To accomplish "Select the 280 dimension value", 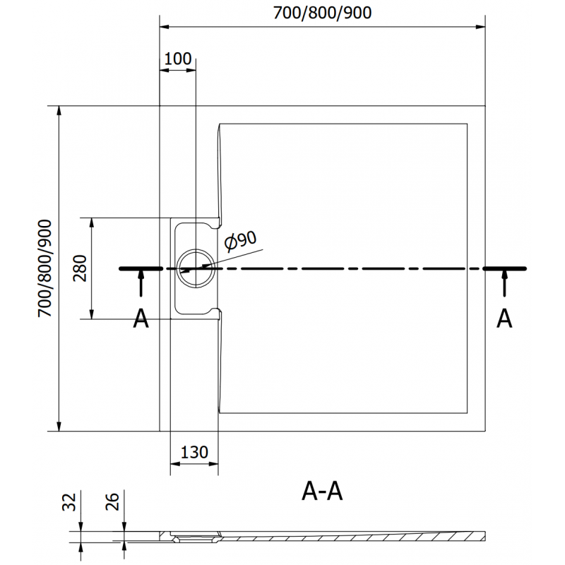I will point(80,268).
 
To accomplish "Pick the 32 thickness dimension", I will point(69,502).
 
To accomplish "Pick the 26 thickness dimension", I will point(112,502).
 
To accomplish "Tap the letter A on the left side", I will point(141,319).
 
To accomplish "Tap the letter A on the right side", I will point(504,319).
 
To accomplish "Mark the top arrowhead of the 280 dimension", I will point(91,221).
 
